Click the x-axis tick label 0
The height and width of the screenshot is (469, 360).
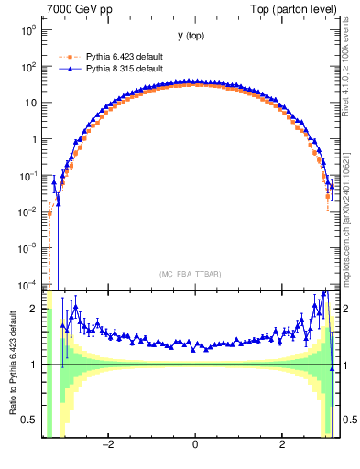coord(195,445)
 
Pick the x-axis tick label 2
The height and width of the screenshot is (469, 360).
coord(282,445)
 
